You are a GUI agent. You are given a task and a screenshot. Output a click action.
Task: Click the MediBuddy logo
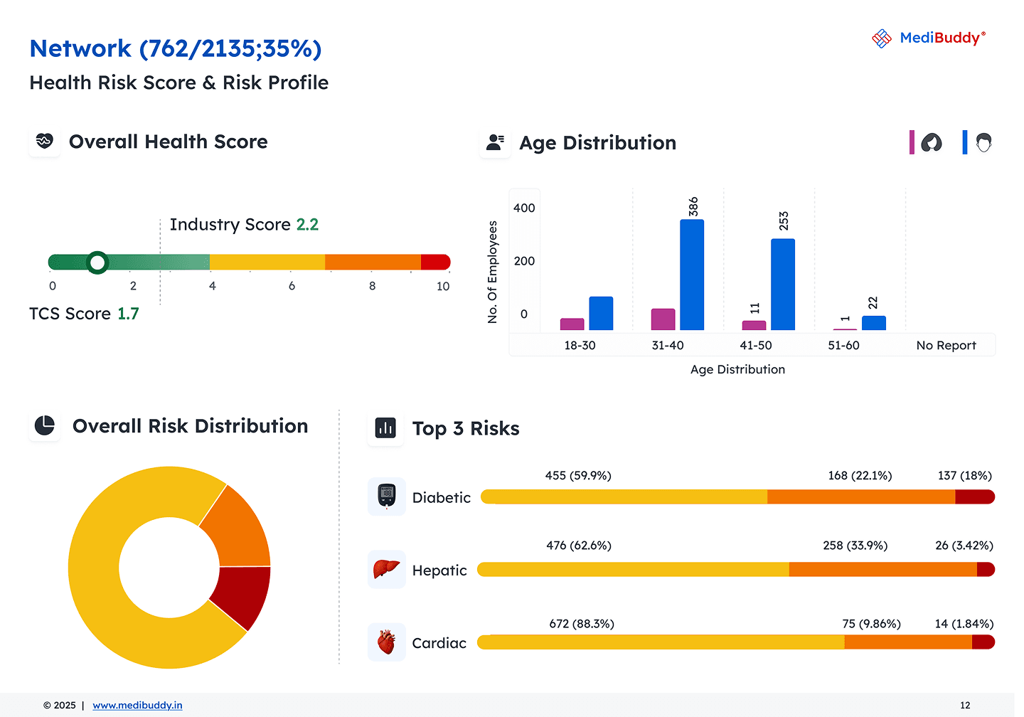928,38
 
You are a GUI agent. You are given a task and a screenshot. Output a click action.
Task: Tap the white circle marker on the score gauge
97,262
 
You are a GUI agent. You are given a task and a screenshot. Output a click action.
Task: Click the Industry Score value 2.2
307,225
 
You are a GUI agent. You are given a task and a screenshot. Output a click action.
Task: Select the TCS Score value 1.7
128,314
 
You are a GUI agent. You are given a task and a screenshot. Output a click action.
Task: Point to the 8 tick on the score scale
372,286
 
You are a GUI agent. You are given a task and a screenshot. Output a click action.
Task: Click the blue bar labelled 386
692,275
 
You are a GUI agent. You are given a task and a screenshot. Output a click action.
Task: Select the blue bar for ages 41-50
783,285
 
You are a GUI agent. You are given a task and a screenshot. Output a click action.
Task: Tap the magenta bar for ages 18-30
572,324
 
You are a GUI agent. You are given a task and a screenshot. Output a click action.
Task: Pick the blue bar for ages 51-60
874,323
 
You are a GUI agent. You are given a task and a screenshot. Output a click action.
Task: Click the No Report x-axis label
946,346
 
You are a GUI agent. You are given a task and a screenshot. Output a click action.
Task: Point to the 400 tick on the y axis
524,208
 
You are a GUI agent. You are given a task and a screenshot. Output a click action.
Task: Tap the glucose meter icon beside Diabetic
387,496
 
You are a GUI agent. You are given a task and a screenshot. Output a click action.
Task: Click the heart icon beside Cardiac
386,642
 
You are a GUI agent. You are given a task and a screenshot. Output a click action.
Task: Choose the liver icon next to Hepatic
386,569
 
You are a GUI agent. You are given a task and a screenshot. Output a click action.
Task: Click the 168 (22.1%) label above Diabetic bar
860,476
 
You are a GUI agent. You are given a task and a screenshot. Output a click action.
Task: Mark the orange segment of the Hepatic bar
882,569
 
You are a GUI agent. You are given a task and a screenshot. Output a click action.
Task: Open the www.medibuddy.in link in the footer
137,706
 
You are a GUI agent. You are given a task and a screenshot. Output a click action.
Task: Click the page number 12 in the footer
965,706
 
